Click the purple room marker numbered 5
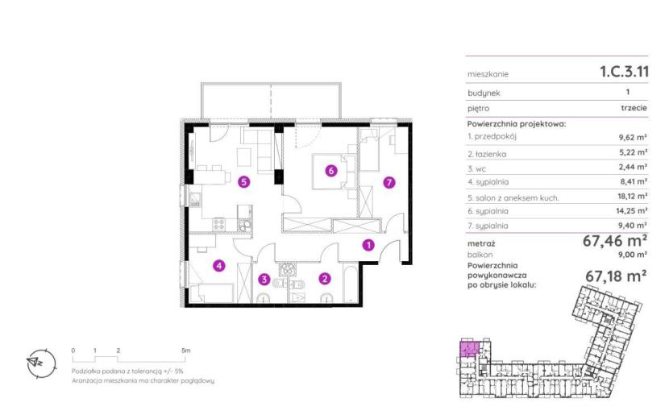243,182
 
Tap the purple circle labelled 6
331,171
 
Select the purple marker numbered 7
389,183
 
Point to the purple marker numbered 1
368,245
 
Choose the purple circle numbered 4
219,266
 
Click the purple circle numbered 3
264,280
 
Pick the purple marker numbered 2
325,279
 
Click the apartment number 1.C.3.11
624,72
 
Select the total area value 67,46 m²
615,241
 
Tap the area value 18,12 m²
633,197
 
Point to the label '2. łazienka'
487,154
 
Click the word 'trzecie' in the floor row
634,108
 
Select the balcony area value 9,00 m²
634,255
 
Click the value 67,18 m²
616,276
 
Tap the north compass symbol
41,363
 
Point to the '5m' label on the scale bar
185,351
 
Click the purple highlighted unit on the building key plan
468,349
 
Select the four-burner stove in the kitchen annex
219,224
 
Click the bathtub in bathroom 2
351,284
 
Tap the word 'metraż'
481,244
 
